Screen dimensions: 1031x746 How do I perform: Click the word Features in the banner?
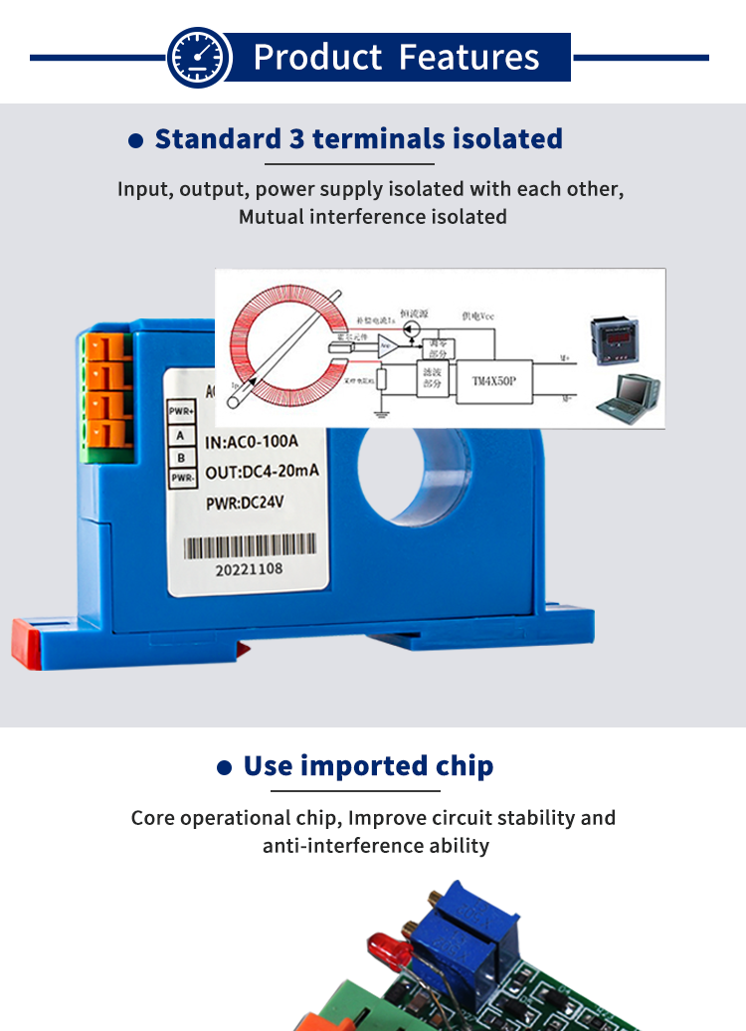pos(468,57)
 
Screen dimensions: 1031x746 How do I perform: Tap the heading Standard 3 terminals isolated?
pos(358,138)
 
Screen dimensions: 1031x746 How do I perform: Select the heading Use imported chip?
pos(368,766)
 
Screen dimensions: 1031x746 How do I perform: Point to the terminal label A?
pos(180,435)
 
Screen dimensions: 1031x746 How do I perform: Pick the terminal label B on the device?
pos(180,457)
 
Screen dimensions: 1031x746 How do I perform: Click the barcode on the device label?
pos(250,546)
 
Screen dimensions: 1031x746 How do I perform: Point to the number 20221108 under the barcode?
pos(250,571)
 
